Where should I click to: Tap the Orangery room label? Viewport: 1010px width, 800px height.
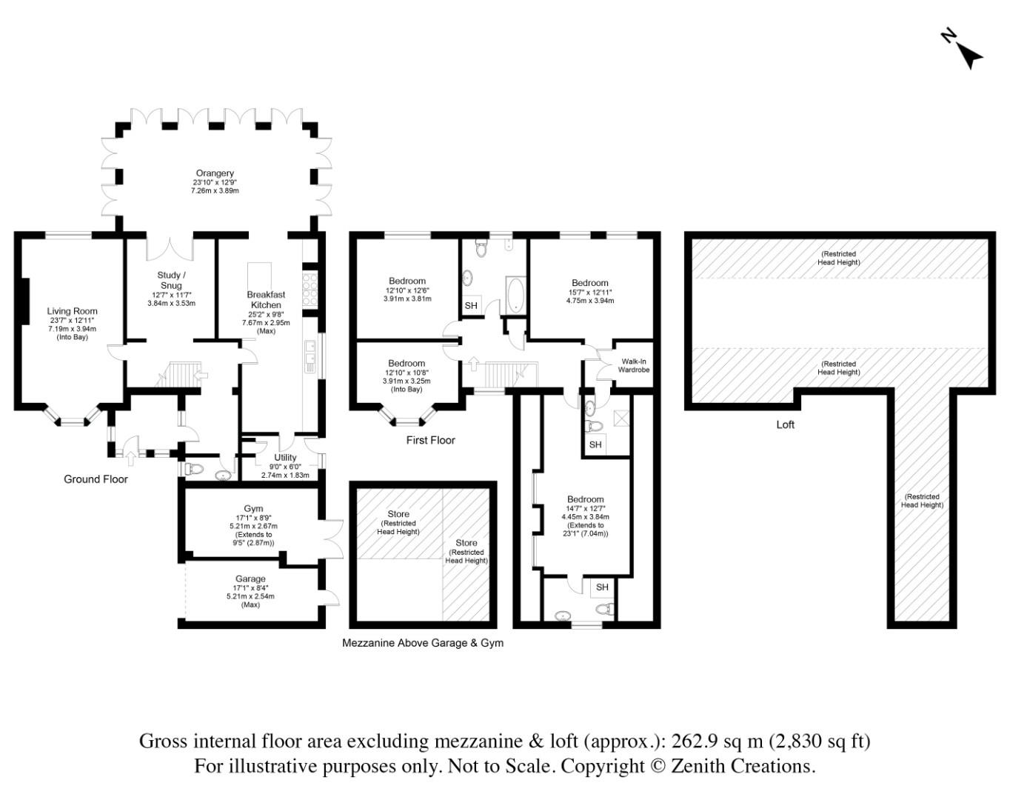point(215,173)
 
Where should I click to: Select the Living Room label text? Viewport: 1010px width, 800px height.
point(72,311)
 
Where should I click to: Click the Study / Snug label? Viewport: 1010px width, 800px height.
point(170,280)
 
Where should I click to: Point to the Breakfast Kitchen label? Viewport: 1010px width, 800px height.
point(266,299)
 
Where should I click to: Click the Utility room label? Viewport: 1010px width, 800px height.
point(285,457)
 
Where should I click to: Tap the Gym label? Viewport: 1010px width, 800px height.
point(253,508)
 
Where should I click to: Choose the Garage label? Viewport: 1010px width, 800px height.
point(250,579)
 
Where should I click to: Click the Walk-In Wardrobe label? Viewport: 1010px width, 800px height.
point(633,365)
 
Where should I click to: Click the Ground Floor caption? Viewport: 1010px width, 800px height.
point(96,479)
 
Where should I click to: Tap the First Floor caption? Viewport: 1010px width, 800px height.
point(430,440)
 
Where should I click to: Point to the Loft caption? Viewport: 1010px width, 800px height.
point(785,424)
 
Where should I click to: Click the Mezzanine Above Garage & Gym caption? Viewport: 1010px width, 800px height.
point(422,643)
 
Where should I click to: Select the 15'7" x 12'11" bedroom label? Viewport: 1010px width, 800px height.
point(589,282)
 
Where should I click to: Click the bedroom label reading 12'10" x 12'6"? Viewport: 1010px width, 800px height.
point(407,281)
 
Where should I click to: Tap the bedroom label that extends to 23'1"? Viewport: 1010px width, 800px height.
point(585,499)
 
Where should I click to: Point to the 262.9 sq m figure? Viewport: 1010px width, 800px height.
point(712,741)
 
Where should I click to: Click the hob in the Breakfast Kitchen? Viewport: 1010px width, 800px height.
point(310,284)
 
